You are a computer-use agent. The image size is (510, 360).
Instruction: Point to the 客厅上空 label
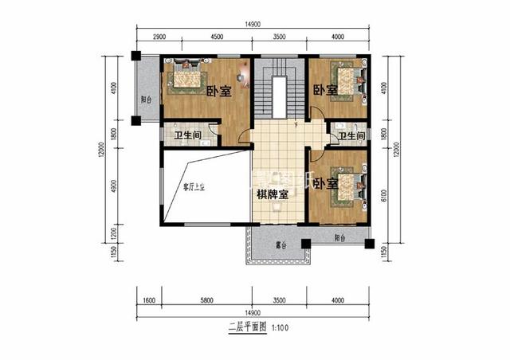point(194,187)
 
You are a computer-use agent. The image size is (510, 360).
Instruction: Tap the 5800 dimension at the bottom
point(205,300)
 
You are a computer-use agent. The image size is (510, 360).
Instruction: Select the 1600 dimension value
point(148,300)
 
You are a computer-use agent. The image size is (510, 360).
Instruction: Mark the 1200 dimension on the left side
point(114,233)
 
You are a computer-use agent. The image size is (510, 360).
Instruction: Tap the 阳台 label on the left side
point(146,100)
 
